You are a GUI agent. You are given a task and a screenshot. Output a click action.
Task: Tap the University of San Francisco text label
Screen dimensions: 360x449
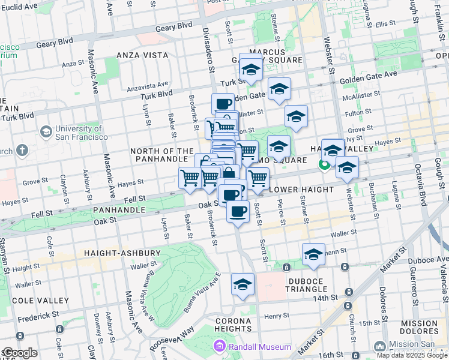[82, 133]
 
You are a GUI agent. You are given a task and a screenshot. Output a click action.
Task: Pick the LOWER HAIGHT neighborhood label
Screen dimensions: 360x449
[301, 190]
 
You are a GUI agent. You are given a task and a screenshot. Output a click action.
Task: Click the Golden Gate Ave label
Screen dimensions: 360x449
[369, 77]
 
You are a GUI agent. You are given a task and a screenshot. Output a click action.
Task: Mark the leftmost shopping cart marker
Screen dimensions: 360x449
[190, 178]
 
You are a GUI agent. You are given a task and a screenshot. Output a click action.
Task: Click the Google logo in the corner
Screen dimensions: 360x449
[19, 353]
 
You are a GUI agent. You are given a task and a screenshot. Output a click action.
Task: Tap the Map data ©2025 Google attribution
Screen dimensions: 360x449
[412, 355]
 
